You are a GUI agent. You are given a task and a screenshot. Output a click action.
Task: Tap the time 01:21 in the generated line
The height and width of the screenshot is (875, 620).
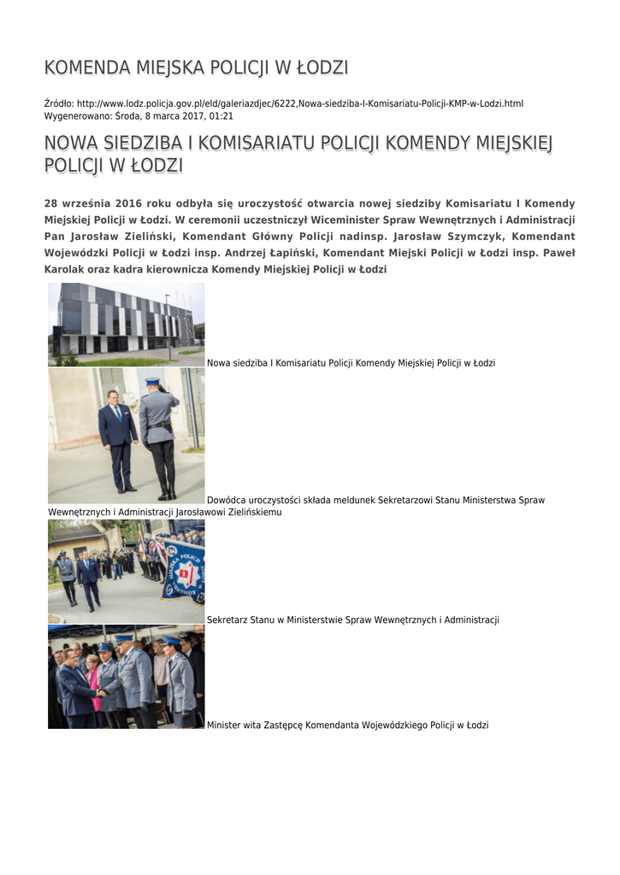(x=221, y=115)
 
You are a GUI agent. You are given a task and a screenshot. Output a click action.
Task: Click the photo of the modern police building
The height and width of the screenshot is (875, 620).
(x=126, y=325)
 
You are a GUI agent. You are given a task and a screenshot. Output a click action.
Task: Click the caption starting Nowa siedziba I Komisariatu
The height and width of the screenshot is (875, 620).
(x=351, y=363)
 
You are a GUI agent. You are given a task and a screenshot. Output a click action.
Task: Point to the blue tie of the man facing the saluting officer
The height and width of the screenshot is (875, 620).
(x=118, y=414)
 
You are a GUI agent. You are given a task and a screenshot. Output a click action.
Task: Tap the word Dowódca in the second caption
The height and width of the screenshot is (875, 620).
(x=226, y=501)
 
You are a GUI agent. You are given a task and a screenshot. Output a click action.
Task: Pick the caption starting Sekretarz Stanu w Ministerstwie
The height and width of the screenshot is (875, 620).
(x=352, y=620)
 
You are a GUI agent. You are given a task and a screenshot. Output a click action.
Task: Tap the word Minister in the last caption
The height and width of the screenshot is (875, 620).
(x=224, y=725)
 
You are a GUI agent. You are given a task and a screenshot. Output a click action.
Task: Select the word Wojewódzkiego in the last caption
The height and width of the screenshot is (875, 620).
(x=394, y=725)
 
